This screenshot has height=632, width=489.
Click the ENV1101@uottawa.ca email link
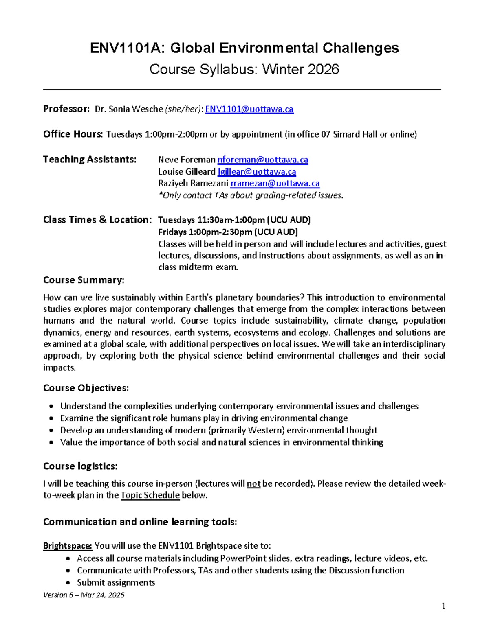coord(249,109)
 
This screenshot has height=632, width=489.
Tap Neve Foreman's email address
coord(262,160)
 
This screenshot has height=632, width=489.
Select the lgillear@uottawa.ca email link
coord(257,172)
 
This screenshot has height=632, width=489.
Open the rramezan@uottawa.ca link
coord(275,184)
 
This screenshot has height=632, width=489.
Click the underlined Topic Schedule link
coord(150,495)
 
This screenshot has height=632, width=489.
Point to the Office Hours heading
coord(73,134)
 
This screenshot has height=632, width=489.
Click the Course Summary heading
coord(84,280)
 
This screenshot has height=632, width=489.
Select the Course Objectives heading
coord(86,388)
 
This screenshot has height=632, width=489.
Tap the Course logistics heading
coord(80,466)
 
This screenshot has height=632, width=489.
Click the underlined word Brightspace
coord(68,546)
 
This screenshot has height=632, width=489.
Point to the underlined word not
coord(253,484)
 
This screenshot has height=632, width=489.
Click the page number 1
coord(443,606)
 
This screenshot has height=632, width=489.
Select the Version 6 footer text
coord(84,595)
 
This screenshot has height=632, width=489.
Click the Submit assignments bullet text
coord(116,582)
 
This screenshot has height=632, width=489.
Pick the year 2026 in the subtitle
coord(323,70)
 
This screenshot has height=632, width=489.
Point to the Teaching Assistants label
coord(89,159)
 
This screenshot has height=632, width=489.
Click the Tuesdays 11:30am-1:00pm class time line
coord(234,220)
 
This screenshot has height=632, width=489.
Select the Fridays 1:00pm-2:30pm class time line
coord(227,232)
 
